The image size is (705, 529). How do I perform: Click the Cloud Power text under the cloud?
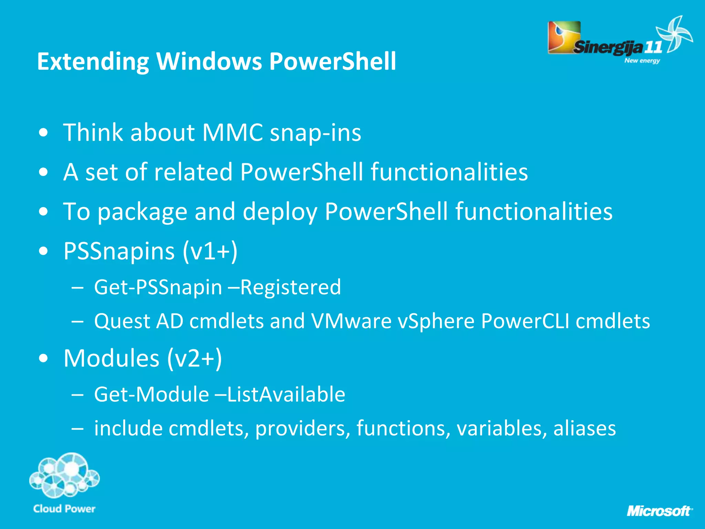point(64,509)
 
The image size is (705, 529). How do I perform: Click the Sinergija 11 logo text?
point(616,47)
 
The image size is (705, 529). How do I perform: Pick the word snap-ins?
point(315,133)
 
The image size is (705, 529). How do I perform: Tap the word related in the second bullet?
point(193,172)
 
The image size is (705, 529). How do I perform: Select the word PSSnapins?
point(119,251)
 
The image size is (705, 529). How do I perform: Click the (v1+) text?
point(210,251)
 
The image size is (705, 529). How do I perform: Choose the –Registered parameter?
point(284,287)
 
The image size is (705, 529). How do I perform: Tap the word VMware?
point(351,321)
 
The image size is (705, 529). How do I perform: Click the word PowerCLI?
point(525,321)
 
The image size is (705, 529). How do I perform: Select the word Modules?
point(112,359)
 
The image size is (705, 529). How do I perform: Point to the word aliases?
point(584,428)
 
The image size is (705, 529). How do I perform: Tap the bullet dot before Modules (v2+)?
point(43,359)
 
